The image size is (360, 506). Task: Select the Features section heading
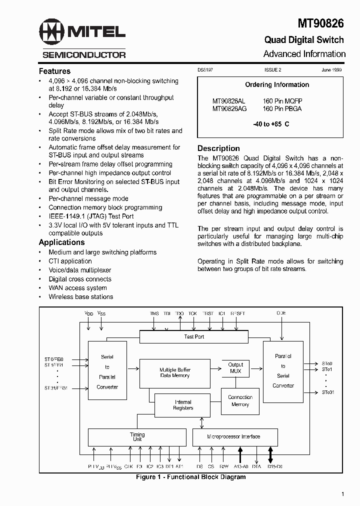tap(54, 71)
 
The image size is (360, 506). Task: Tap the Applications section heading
tap(61, 242)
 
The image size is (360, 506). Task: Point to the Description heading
tap(218, 148)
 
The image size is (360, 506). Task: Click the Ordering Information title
tap(276, 85)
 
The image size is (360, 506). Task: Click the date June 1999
tap(331, 70)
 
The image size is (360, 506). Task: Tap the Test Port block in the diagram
tap(194, 337)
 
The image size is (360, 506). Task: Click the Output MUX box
tap(235, 368)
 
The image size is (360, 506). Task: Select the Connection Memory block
tap(240, 401)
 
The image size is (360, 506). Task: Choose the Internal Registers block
tap(183, 405)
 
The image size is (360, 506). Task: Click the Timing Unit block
tap(137, 437)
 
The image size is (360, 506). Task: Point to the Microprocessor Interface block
tap(233, 436)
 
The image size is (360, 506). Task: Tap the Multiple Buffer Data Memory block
tap(174, 372)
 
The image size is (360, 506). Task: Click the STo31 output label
tap(328, 392)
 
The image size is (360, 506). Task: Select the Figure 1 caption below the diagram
tap(191, 477)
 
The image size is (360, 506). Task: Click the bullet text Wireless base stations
tap(80, 296)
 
